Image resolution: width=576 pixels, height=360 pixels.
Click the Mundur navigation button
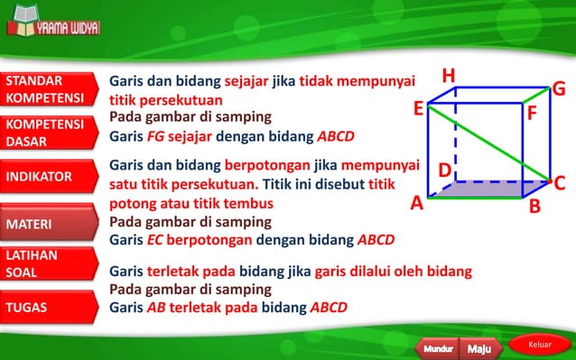[438, 347]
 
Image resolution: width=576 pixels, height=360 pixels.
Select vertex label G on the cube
[559, 88]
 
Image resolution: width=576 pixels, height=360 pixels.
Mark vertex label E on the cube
[419, 109]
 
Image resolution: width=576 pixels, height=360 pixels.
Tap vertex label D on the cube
[444, 170]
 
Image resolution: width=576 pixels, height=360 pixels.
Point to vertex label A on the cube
[416, 203]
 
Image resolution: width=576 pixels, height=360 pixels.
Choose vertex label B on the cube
[534, 207]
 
